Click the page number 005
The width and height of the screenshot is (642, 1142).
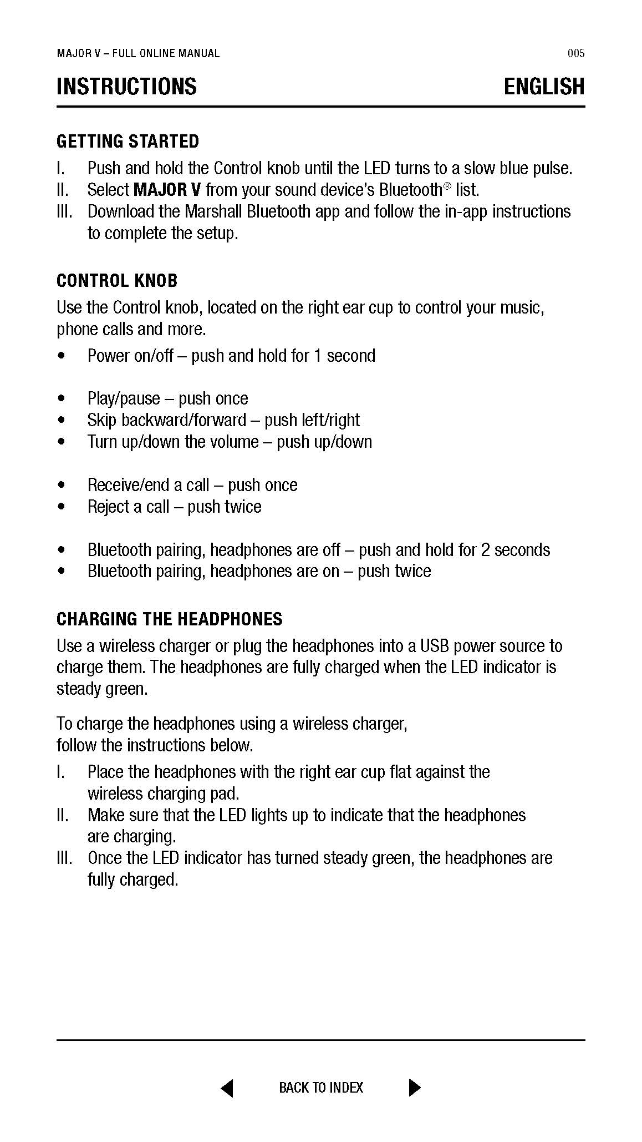click(576, 53)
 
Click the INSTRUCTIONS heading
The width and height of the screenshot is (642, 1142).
click(126, 87)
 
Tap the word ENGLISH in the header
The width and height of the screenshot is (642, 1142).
click(544, 87)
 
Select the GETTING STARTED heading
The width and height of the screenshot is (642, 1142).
click(128, 142)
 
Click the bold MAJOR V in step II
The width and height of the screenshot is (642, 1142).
click(167, 190)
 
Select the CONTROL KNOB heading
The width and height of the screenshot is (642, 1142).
click(117, 281)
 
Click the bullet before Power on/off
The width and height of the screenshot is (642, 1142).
click(61, 356)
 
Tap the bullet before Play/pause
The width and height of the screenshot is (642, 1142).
click(61, 399)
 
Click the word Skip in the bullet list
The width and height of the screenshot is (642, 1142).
click(102, 420)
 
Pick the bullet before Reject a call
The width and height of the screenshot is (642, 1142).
click(61, 507)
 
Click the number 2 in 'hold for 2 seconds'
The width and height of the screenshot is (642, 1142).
click(485, 550)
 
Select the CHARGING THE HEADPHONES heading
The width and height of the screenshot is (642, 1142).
click(169, 619)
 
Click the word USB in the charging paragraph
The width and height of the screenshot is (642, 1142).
click(433, 646)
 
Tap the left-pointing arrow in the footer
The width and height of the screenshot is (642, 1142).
click(227, 1088)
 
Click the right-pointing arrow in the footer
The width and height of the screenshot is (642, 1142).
click(414, 1088)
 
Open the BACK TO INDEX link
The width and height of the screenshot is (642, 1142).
click(321, 1088)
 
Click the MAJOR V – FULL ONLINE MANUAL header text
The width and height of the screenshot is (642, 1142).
click(138, 53)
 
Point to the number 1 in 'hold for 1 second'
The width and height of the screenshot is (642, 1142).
click(318, 356)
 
